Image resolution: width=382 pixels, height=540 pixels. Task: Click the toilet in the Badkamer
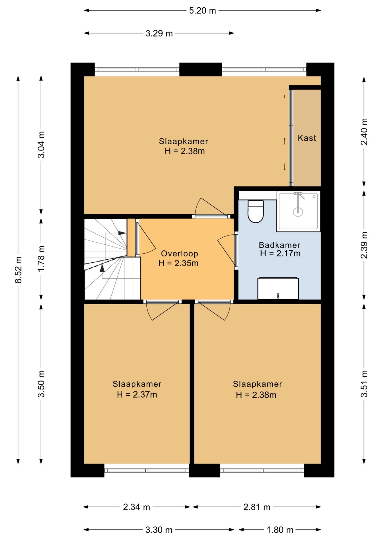click(x=256, y=211)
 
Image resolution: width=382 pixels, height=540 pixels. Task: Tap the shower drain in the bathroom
click(x=298, y=211)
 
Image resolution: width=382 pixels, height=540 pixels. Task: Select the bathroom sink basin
click(x=278, y=288)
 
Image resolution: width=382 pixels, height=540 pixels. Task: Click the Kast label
click(x=307, y=138)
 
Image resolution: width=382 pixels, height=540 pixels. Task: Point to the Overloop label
click(x=179, y=254)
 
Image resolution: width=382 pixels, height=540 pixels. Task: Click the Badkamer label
click(x=280, y=245)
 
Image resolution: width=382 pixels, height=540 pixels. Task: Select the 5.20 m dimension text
click(x=203, y=11)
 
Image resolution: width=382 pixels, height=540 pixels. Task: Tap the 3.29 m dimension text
click(x=159, y=33)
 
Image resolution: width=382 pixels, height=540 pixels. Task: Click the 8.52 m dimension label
click(x=19, y=270)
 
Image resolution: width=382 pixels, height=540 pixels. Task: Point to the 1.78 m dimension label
click(x=41, y=258)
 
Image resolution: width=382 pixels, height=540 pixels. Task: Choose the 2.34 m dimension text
click(x=136, y=507)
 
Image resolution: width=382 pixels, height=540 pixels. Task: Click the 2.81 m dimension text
click(x=257, y=507)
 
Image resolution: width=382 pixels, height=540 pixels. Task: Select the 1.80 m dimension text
click(x=280, y=530)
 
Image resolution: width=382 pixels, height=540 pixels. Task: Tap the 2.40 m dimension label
click(x=364, y=132)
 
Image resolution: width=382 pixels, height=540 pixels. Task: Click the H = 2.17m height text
click(x=280, y=253)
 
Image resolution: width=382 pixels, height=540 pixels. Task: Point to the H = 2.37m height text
click(x=137, y=395)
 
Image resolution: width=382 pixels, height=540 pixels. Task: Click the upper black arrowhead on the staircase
click(x=122, y=233)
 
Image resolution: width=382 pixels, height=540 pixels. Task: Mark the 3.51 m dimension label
click(x=364, y=384)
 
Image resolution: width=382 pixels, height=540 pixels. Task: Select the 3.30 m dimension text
click(x=159, y=530)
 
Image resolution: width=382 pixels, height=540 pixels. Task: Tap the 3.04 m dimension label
click(x=41, y=145)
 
